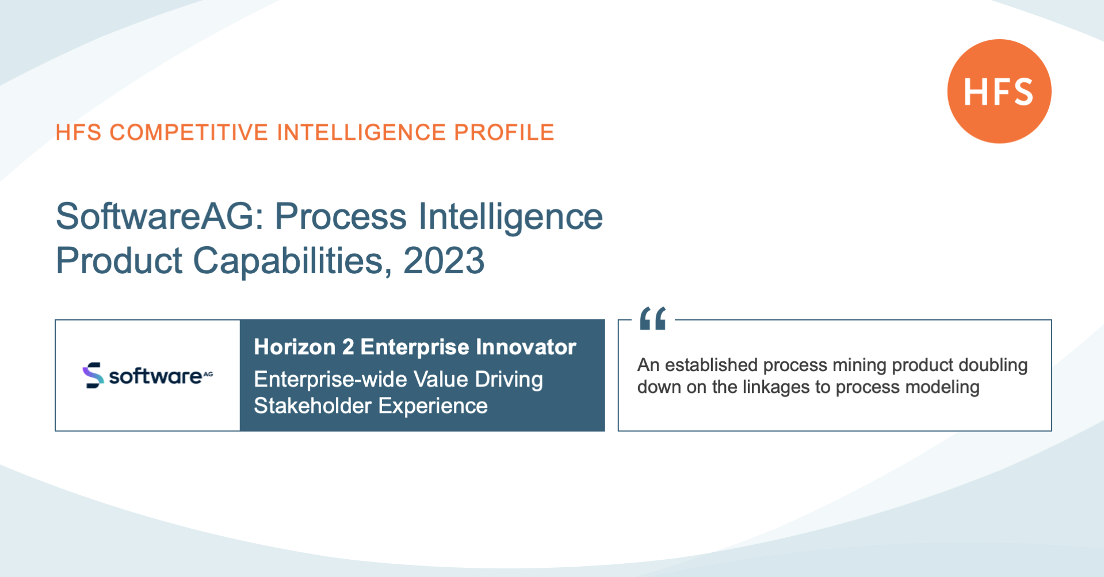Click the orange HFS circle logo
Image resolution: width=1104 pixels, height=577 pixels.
(999, 91)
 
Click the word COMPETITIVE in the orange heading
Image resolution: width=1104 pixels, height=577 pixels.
(189, 132)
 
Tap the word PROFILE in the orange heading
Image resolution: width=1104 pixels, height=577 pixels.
(504, 132)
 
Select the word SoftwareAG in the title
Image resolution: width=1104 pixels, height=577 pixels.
(159, 217)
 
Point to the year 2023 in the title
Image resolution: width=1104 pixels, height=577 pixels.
(444, 261)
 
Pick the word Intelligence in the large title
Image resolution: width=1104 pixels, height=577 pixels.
(511, 217)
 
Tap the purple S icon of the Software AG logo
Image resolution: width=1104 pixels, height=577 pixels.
(93, 375)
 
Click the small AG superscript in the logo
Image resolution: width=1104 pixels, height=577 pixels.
(208, 373)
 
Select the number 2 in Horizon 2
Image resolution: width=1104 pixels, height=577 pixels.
(348, 347)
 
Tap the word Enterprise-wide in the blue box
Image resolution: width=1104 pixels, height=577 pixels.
(331, 380)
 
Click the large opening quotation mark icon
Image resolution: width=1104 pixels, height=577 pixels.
(653, 318)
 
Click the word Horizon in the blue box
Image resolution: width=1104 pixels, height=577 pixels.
(295, 347)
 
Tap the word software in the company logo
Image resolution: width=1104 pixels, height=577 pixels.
(155, 376)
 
